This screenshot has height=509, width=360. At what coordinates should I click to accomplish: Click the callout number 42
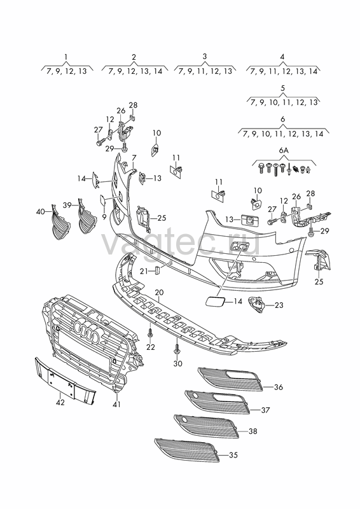coord(60,403)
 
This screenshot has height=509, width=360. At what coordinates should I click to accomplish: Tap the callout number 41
coord(116,404)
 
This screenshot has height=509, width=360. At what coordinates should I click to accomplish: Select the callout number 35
coord(233,455)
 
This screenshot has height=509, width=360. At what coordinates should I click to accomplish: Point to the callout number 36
coord(279,387)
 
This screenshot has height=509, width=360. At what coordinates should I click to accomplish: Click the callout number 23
coord(279,305)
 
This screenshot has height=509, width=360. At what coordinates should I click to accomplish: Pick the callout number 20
coord(159,293)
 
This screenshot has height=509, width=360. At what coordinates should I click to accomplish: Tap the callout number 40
coord(41,212)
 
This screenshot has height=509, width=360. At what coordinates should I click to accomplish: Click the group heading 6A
coord(284,151)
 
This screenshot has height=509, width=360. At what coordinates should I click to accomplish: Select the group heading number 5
coord(282,88)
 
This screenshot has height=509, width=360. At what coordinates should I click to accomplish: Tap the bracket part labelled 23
coord(257,305)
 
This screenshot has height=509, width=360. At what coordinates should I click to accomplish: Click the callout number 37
coord(265,410)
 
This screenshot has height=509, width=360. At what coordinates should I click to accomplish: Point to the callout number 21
coord(144,271)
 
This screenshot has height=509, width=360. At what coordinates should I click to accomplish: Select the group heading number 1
coord(66,57)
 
